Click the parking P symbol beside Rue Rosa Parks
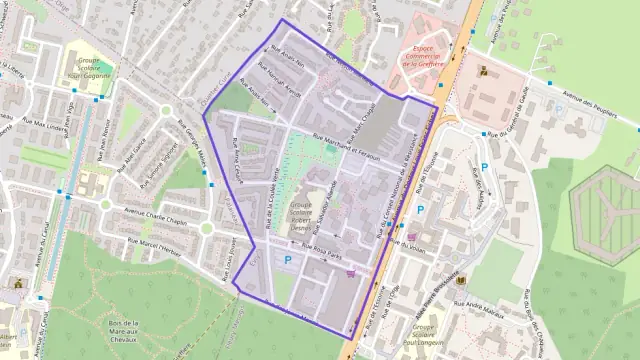point(288,261)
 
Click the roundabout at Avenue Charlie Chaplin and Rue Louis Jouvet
point(206,228)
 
